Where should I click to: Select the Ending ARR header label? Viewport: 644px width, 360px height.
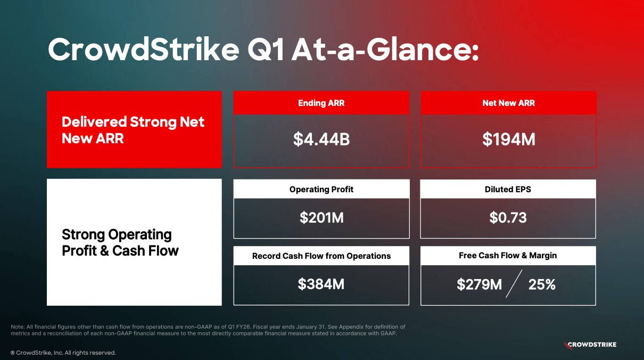coord(321,103)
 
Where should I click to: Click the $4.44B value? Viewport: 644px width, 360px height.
coord(321,140)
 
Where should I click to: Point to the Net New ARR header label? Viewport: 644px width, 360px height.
coord(508,103)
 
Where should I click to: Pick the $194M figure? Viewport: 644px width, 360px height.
coord(508,140)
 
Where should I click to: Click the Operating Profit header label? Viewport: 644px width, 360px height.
coord(321,189)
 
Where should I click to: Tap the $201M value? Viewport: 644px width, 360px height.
coord(321,217)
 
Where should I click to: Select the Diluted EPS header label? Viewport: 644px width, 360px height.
coord(508,189)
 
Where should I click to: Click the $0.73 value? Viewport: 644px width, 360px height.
coord(508,217)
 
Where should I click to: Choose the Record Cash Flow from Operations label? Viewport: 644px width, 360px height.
coord(321,256)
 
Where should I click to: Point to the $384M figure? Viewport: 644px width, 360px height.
coord(321,284)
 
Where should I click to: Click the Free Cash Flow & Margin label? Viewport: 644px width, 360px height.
coord(508,256)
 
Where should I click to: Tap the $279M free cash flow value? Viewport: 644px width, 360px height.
coord(479,285)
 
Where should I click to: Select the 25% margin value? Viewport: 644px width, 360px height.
coord(542,285)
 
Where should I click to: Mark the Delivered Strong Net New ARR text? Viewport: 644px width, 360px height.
coord(133,130)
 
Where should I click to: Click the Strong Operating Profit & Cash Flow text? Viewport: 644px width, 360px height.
coord(120,242)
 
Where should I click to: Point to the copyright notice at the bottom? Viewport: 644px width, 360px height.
coord(63,353)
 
